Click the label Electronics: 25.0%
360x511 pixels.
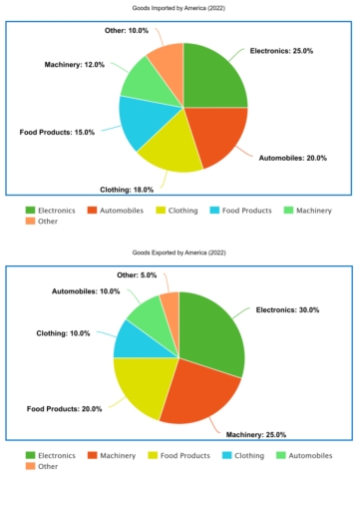283,50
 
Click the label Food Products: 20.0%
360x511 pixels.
64,409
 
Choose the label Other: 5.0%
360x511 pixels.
137,274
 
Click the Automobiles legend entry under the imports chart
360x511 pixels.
120,211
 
